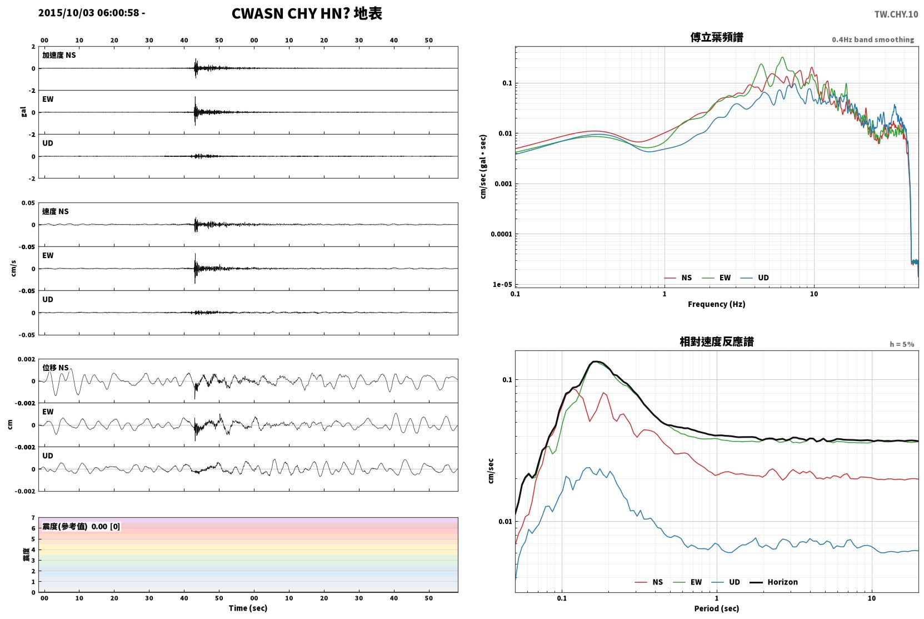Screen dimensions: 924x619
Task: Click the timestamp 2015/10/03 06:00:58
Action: pyautogui.click(x=89, y=13)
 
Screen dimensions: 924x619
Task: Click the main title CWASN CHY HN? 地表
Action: pyautogui.click(x=307, y=14)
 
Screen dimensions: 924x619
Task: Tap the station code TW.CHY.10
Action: pyautogui.click(x=896, y=14)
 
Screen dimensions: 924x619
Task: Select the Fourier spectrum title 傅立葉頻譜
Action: pyautogui.click(x=717, y=38)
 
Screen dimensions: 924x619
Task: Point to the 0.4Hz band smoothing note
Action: pyautogui.click(x=873, y=39)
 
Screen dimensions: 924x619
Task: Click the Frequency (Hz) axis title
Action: pyautogui.click(x=717, y=304)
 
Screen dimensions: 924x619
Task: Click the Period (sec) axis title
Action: pyautogui.click(x=717, y=608)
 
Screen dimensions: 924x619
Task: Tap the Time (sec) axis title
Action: pyautogui.click(x=248, y=608)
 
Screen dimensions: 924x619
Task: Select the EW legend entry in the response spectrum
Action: pyautogui.click(x=688, y=582)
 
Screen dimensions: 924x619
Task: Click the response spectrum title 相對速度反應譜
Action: pyautogui.click(x=717, y=342)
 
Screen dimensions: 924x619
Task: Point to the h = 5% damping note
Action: pyautogui.click(x=902, y=344)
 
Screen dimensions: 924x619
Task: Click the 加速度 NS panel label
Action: pyautogui.click(x=59, y=55)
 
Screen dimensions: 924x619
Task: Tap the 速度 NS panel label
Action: pyautogui.click(x=55, y=211)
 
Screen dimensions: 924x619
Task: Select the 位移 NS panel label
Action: pyautogui.click(x=55, y=368)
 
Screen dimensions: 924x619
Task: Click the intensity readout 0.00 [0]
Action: pyautogui.click(x=106, y=527)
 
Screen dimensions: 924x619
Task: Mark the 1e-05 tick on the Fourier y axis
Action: pyautogui.click(x=502, y=285)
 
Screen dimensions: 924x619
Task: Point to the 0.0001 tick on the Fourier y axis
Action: pyautogui.click(x=501, y=234)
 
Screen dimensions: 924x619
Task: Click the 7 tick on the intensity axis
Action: pyautogui.click(x=33, y=518)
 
